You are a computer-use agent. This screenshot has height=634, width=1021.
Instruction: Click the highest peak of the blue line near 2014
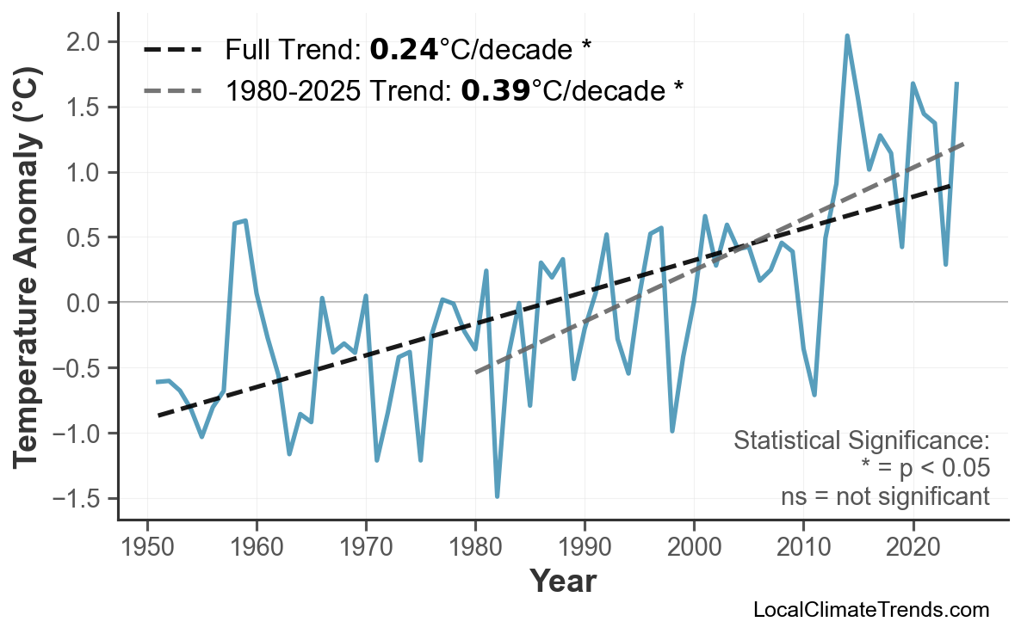(847, 36)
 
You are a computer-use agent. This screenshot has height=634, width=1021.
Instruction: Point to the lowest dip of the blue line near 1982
(498, 496)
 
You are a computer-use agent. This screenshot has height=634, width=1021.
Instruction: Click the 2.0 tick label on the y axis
(85, 42)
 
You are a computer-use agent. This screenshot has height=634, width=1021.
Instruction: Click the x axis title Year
(562, 582)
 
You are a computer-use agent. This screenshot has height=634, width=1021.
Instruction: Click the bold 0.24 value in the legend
(403, 50)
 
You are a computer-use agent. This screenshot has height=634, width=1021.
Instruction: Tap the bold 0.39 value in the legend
(495, 89)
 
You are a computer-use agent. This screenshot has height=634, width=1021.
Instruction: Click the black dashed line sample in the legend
(172, 50)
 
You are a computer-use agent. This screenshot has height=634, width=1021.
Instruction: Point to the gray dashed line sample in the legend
(172, 89)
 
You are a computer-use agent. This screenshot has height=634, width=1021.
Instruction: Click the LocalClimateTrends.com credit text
(870, 610)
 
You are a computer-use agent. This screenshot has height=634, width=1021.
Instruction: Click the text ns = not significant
(884, 496)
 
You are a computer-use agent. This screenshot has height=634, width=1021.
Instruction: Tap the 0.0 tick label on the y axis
(85, 303)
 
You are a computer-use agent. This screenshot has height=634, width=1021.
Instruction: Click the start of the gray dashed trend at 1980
(476, 372)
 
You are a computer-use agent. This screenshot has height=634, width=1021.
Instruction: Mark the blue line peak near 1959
(245, 221)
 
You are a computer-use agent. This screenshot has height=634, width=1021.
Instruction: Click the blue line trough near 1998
(672, 430)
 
